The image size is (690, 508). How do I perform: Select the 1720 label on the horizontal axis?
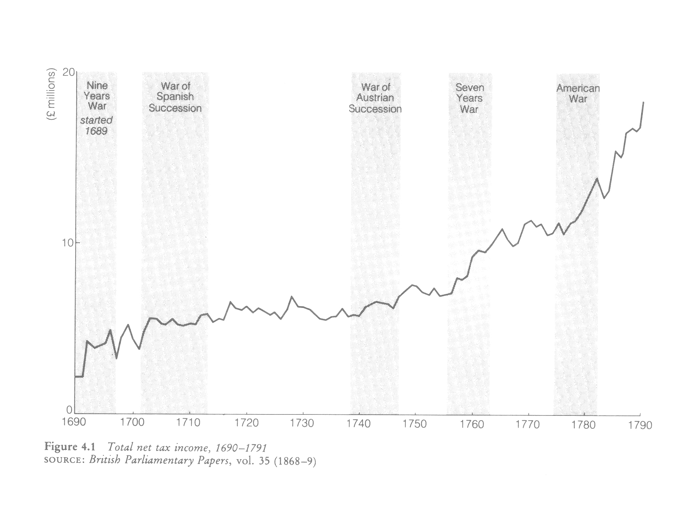(x=246, y=423)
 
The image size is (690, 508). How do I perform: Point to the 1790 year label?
(x=640, y=425)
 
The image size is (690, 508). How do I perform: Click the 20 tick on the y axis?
(x=68, y=73)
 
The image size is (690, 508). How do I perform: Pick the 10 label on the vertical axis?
(x=67, y=243)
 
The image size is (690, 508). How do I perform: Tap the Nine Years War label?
(x=97, y=96)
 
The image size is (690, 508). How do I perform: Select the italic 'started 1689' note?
(x=96, y=125)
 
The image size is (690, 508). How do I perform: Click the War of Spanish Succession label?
(x=175, y=97)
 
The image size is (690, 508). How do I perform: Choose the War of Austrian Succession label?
(x=375, y=98)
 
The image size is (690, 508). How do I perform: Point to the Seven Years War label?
(x=470, y=98)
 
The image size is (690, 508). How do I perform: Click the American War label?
(x=578, y=94)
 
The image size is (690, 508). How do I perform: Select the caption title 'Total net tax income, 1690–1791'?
(x=187, y=448)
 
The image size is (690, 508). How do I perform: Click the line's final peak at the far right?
(x=644, y=102)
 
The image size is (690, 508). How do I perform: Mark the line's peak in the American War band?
(x=597, y=178)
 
